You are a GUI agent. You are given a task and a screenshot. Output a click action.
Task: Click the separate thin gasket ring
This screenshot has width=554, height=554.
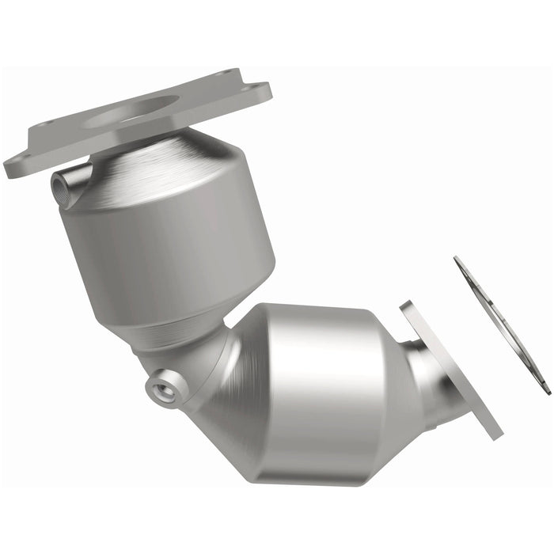(x=501, y=324)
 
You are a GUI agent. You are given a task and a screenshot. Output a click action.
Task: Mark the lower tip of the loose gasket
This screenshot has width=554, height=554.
(x=547, y=391)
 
